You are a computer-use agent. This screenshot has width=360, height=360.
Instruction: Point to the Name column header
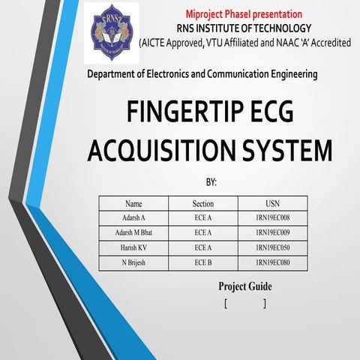(133, 203)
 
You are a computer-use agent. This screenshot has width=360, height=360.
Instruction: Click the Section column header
(202, 203)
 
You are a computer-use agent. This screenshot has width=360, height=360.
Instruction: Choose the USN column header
(272, 203)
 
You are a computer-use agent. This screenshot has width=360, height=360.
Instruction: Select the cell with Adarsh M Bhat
(133, 233)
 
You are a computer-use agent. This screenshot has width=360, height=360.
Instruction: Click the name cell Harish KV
(133, 248)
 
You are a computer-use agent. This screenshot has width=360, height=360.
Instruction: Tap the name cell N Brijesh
(133, 263)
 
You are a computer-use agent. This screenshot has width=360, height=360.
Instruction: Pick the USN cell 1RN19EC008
(272, 218)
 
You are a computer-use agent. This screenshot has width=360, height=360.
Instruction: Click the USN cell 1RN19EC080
(272, 263)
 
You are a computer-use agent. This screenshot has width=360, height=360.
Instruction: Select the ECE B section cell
(202, 263)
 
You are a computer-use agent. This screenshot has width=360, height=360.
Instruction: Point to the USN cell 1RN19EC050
(272, 248)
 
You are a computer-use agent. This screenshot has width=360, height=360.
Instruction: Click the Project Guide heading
(245, 286)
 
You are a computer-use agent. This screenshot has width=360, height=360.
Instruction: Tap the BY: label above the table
(211, 182)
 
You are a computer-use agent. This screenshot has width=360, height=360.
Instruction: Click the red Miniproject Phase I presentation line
(244, 14)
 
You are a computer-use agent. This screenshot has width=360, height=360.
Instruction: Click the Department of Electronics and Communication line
(202, 74)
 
